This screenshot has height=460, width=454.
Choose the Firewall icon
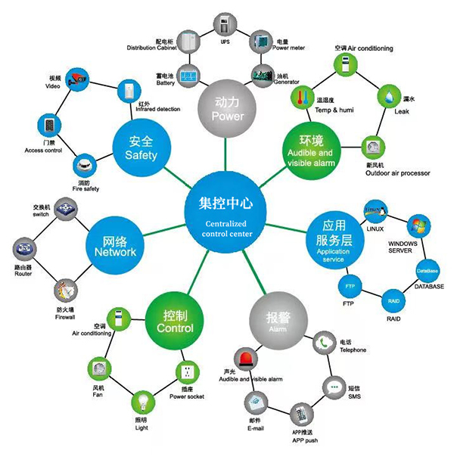coord(65,290)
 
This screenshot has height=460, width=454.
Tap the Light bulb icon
coord(141,402)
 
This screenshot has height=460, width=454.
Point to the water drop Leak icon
coord(389,96)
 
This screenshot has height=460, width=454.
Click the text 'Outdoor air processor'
coord(398,173)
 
